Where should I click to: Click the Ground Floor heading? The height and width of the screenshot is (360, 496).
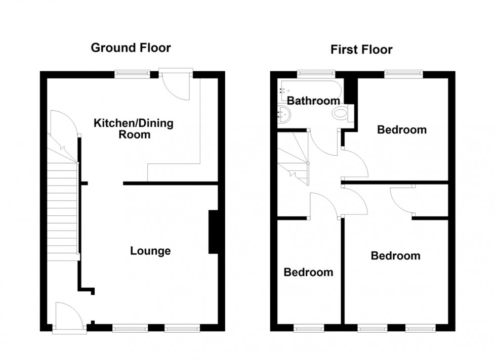click(131, 48)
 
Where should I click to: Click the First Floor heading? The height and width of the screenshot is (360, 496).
click(361, 50)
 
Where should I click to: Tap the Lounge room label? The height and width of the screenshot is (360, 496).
click(150, 251)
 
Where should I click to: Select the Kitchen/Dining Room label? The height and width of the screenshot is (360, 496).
click(133, 129)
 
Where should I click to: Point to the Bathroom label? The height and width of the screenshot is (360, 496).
click(314, 101)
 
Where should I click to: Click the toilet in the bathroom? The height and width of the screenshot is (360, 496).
click(340, 114)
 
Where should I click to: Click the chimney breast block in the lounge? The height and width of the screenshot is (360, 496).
click(214, 232)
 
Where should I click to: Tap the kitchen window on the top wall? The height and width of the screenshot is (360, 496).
click(132, 74)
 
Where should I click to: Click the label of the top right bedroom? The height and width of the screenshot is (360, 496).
click(402, 130)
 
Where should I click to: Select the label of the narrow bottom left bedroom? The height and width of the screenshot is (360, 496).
click(308, 273)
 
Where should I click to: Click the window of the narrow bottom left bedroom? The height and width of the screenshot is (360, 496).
click(309, 328)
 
